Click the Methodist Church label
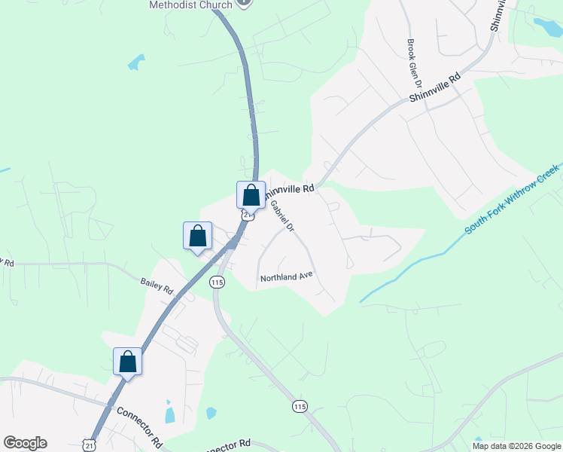[x=192, y=5]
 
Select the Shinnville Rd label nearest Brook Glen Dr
[x=435, y=89]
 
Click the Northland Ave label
[x=286, y=278]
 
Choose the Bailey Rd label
[x=157, y=286]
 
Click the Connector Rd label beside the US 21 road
[x=139, y=426]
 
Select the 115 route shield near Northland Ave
[x=218, y=282]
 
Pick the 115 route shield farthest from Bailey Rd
[x=300, y=406]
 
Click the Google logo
[x=25, y=443]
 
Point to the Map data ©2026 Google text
[x=517, y=446]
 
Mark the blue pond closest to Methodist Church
[x=136, y=62]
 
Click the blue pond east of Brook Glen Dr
[x=546, y=26]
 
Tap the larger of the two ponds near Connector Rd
[x=169, y=414]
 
